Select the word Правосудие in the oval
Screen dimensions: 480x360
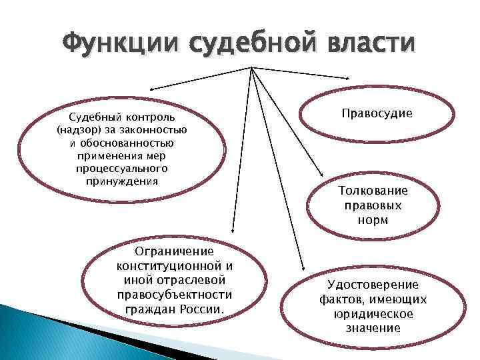point(377,114)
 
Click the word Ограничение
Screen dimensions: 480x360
point(174,251)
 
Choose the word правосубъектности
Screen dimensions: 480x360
point(175,295)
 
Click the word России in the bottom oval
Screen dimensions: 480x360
point(203,309)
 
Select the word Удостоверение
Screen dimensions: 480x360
point(373,285)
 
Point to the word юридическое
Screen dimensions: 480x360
point(373,314)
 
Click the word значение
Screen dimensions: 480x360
point(373,328)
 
